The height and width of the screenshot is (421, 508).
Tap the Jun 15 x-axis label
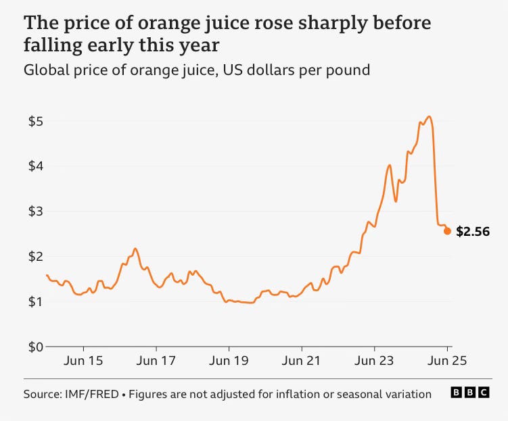coord(84,362)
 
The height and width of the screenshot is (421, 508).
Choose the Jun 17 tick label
coord(156,362)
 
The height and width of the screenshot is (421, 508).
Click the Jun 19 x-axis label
coord(229,362)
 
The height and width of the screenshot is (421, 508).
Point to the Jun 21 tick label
coord(302,362)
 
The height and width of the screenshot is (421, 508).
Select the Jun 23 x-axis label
coord(374,362)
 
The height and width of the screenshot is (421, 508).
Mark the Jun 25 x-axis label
coord(446,362)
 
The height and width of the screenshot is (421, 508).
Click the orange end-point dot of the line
coord(447,231)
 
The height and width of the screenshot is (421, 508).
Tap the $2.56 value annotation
coord(472,232)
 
